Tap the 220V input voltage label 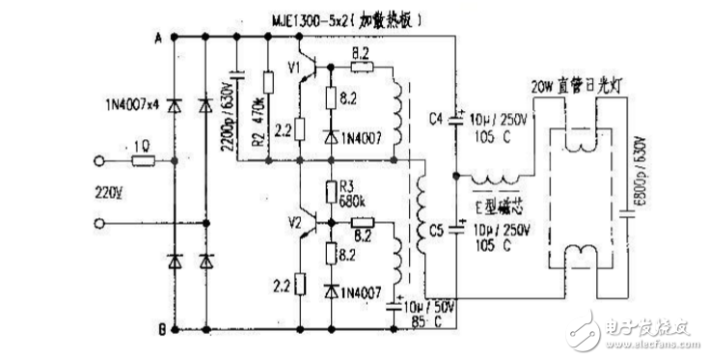tap(109, 190)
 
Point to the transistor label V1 tap(292, 69)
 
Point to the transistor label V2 tap(297, 224)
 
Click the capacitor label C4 tap(434, 120)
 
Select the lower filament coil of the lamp tap(581, 257)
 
